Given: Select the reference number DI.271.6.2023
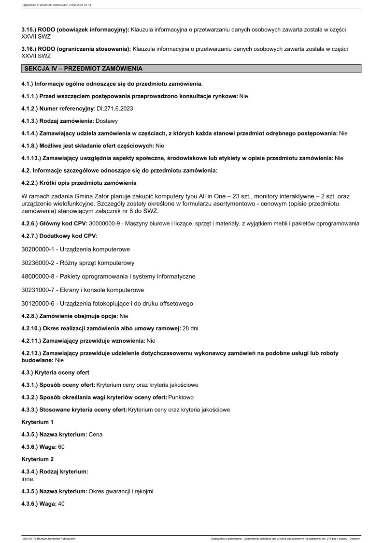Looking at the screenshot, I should pos(115,108).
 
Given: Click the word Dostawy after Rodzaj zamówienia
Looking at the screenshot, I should pos(107,121).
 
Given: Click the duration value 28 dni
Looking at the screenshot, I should pos(190,328).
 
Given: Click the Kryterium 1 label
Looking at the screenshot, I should pos(38,422).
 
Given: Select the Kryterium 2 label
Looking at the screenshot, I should pos(38,458).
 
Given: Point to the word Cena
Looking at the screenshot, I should pos(96,434).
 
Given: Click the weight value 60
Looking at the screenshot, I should pos(61,446).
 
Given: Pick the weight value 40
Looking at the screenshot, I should pos(61,503).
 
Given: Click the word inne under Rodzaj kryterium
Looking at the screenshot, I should pos(28,479).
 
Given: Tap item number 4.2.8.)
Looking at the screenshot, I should pos(30,316).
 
